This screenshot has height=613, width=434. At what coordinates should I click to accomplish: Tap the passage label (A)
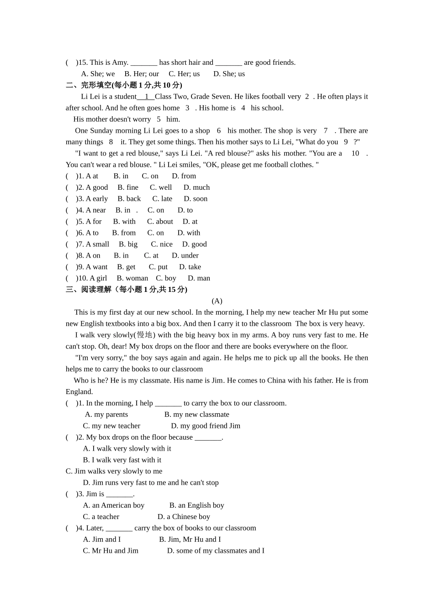(217, 301)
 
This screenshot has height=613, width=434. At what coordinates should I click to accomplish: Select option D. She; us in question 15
(229, 74)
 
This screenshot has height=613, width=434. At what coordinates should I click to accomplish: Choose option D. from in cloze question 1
(184, 176)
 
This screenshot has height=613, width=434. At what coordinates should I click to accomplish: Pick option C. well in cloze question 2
(161, 187)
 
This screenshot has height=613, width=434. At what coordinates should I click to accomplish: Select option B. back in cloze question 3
(129, 199)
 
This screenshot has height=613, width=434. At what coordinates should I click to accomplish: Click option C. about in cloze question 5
(160, 222)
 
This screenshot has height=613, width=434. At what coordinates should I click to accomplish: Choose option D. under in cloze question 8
(185, 255)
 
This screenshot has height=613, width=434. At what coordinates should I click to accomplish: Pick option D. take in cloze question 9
(190, 267)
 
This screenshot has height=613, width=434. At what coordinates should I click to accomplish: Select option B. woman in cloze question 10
(132, 278)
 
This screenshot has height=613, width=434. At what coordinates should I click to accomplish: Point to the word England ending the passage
(79, 392)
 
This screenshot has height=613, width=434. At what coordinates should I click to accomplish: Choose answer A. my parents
(106, 415)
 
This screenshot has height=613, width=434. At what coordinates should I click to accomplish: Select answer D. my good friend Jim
(206, 426)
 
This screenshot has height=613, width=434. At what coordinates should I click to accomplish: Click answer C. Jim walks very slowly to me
(114, 471)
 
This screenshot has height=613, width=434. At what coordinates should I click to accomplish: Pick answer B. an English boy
(196, 505)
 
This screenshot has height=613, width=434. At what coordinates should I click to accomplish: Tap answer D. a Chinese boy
(184, 517)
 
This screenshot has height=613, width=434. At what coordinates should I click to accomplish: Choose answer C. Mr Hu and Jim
(111, 551)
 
